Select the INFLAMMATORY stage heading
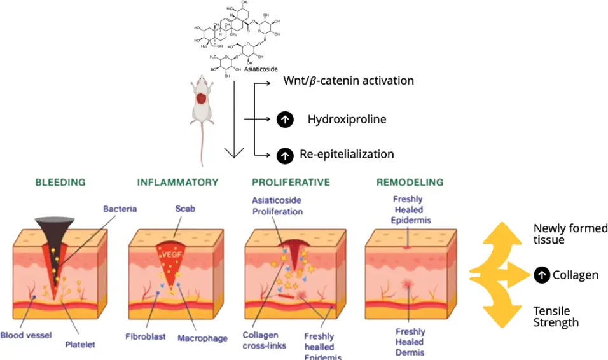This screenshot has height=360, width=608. (x=177, y=183)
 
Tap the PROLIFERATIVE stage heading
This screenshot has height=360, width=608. (x=291, y=183)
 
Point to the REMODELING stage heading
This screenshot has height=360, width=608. (x=410, y=183)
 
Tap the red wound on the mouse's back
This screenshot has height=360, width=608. (x=202, y=99)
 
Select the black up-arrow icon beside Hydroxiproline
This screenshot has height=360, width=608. (x=285, y=119)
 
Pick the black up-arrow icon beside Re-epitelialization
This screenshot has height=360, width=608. (x=285, y=154)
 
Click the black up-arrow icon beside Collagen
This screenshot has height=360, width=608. (x=541, y=275)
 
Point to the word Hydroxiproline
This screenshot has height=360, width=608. (x=347, y=119)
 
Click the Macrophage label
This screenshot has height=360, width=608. (x=202, y=338)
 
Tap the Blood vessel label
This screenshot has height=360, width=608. (x=25, y=335)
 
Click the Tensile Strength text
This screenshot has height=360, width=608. (x=556, y=317)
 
